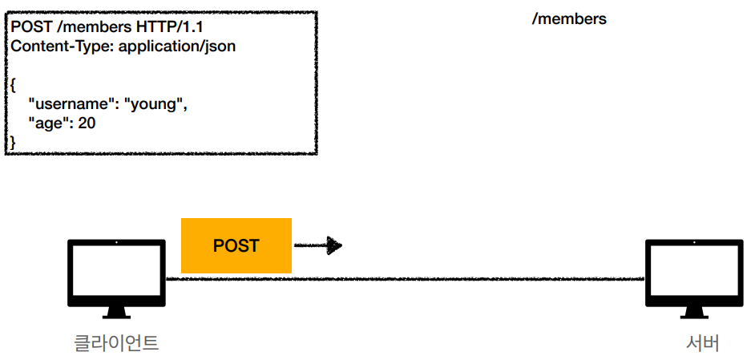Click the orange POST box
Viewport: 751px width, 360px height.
pos(236,245)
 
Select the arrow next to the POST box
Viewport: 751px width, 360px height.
pos(318,245)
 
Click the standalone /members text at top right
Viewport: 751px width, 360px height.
pos(569,18)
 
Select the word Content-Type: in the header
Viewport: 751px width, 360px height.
pos(63,47)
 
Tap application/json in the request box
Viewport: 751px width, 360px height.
pos(177,47)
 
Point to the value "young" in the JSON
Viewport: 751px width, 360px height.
pos(155,104)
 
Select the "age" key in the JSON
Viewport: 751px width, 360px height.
pos(50,123)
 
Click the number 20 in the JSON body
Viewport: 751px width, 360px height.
pos(87,123)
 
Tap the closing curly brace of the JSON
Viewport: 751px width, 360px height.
pos(13,143)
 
